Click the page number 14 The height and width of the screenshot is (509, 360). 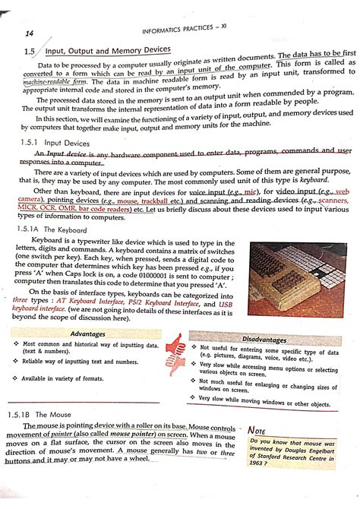click(30, 34)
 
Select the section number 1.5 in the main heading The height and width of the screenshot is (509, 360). click(30, 52)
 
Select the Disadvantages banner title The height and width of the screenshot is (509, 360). click(265, 339)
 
